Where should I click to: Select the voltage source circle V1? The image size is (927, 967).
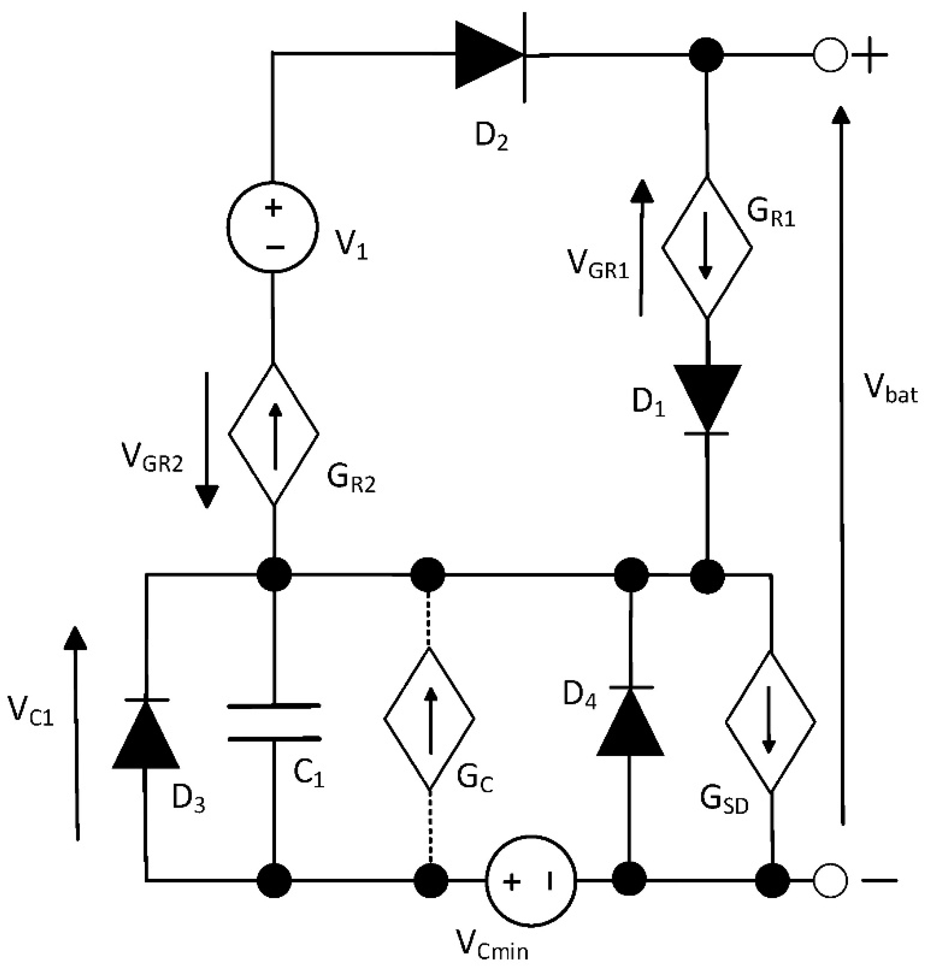(x=273, y=227)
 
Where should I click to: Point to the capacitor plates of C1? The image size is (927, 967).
(x=274, y=722)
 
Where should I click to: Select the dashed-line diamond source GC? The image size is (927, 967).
(x=429, y=718)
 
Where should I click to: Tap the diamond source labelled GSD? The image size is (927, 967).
(x=770, y=722)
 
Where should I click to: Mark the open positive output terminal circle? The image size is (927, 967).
(x=830, y=55)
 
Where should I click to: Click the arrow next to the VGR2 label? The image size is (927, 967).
(x=207, y=439)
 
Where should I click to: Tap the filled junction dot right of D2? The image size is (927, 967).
(x=706, y=55)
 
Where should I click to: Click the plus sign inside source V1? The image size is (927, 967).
(x=273, y=207)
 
